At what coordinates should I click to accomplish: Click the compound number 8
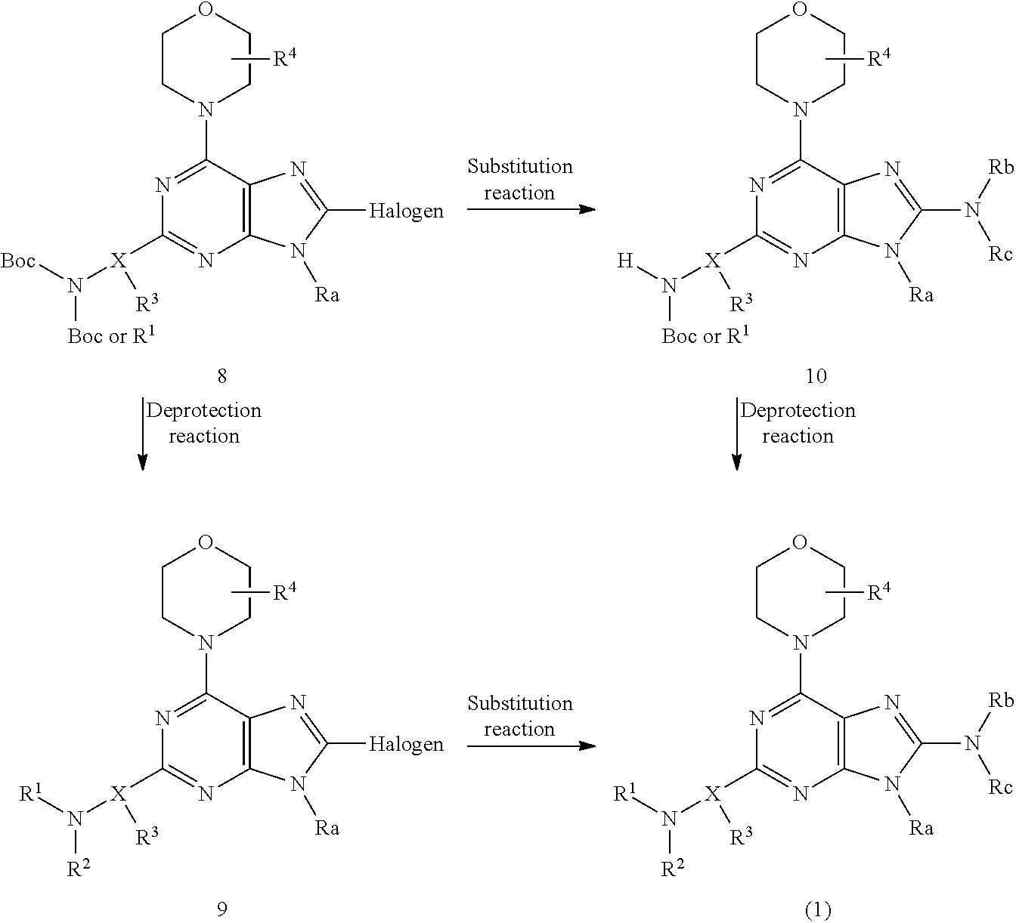coord(221,376)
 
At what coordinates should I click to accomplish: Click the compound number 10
coord(816,376)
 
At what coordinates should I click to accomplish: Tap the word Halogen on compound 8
coord(406,211)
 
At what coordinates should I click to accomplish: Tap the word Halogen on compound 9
coord(406,745)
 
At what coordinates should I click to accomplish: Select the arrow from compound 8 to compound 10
coord(531,209)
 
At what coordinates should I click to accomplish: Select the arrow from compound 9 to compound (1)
coord(531,745)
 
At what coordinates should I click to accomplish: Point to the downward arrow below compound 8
coord(142,434)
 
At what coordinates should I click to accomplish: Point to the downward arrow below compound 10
coord(736,434)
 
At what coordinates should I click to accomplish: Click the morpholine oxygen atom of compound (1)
coord(799,542)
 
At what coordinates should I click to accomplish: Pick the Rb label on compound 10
coord(1001,168)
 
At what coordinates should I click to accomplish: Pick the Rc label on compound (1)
coord(1000,787)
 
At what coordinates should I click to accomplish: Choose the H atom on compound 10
coord(625,261)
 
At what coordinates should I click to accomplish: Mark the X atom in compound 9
coord(118,794)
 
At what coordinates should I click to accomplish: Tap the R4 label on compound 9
coord(285,591)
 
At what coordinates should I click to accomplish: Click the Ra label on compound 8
coord(327,295)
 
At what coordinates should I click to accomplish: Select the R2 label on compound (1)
coord(673,869)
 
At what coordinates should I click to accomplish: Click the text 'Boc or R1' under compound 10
coord(705,335)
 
